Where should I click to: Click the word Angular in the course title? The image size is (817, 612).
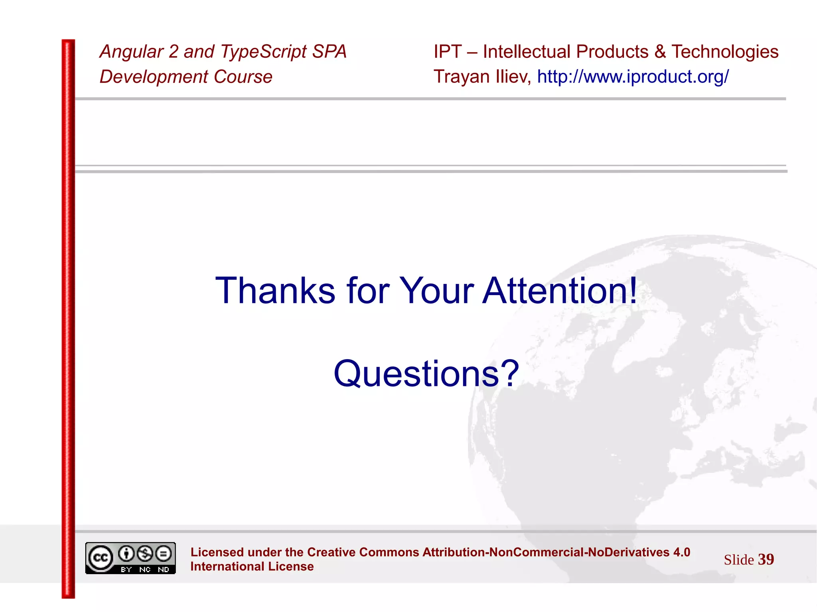pos(131,52)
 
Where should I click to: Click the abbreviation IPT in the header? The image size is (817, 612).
pos(448,52)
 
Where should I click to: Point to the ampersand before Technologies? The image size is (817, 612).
pos(660,52)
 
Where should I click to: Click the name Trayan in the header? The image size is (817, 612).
pos(462,77)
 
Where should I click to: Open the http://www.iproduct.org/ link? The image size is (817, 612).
pos(633,77)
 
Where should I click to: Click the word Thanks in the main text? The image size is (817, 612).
pos(275,291)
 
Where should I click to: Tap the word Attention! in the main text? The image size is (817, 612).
pos(560,291)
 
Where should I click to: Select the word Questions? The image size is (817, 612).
pos(426,374)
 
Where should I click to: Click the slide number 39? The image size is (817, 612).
pos(766,559)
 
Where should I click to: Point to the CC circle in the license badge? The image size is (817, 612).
pos(100,558)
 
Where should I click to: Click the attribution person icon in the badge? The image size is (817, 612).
pos(126,553)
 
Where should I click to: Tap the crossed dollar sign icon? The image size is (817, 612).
pos(145,553)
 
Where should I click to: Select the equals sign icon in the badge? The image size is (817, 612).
pos(164,553)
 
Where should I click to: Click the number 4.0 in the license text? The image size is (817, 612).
pos(681,552)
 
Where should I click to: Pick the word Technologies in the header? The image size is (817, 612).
pos(725,52)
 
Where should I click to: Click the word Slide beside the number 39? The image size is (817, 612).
pos(739,560)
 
